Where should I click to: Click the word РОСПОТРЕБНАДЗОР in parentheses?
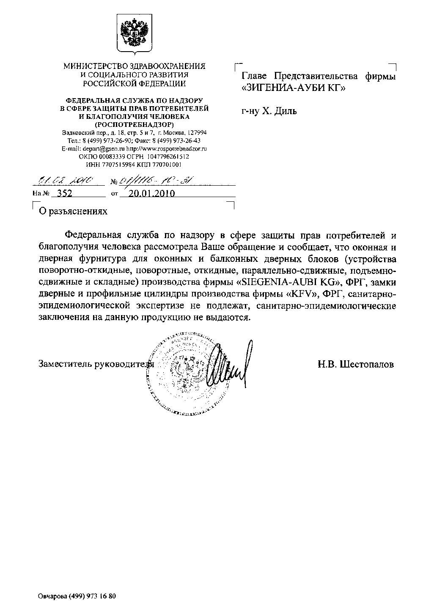[134, 124]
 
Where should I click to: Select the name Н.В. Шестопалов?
[356, 364]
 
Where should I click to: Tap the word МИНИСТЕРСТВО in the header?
[91, 66]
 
